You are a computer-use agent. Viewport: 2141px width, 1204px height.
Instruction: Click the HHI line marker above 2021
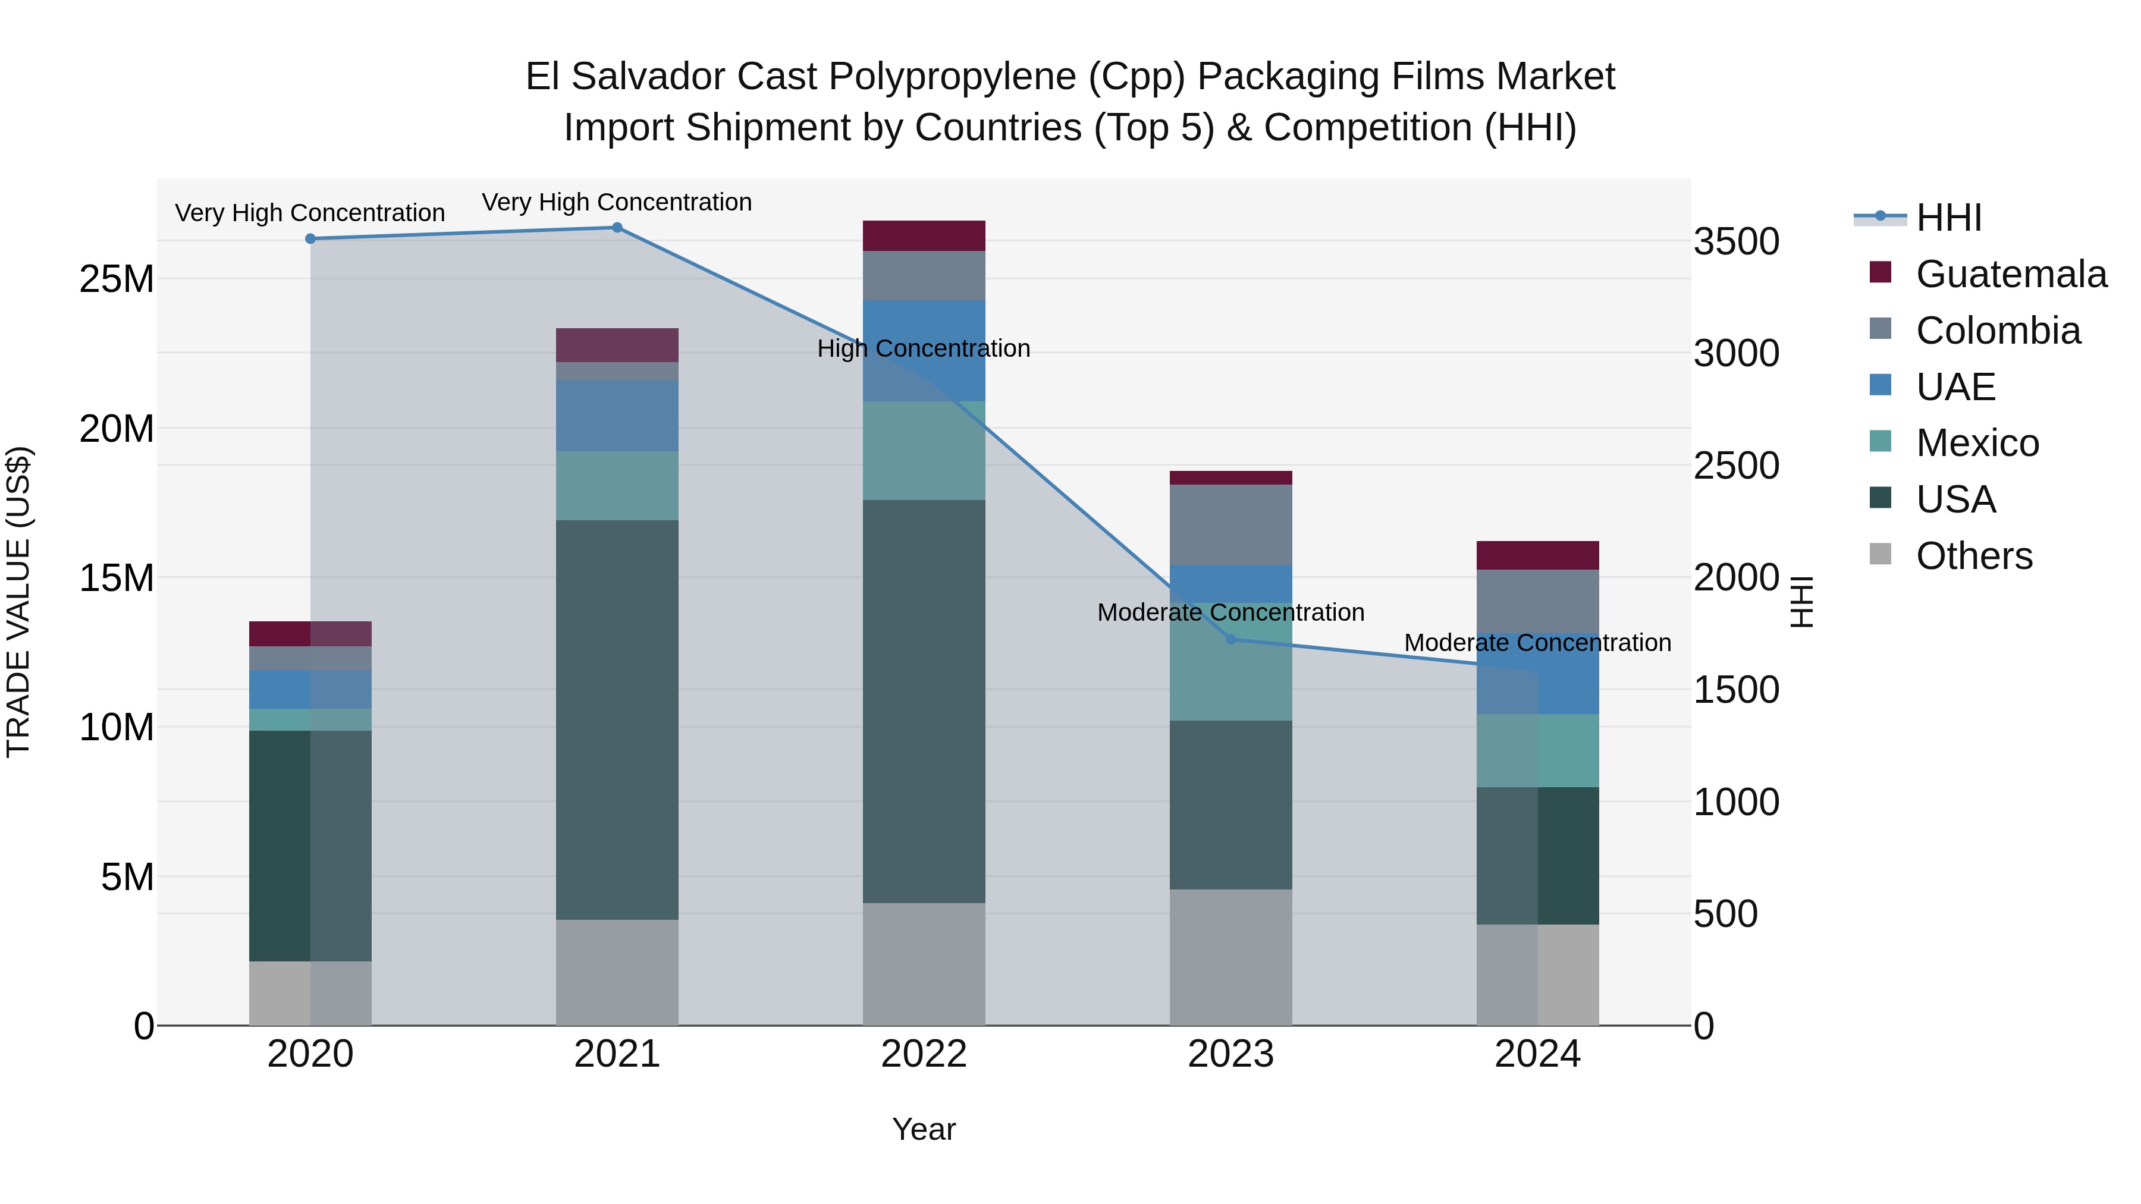coord(617,228)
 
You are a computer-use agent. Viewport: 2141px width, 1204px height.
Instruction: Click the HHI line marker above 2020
coord(310,238)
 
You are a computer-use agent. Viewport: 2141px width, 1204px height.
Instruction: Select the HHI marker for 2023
coord(1231,639)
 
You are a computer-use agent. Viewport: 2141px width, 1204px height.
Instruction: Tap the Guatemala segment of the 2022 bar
coord(924,236)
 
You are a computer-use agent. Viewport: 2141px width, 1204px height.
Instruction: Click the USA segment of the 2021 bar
coord(617,719)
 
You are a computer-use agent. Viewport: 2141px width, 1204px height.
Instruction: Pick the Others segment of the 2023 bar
coord(1231,957)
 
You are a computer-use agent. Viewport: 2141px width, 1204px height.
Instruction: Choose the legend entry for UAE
coord(1955,387)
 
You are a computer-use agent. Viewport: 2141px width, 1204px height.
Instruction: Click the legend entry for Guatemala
coord(2011,274)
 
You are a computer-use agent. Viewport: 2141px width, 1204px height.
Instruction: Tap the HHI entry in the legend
coord(1948,218)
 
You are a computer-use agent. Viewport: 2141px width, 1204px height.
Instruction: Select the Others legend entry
coord(1973,556)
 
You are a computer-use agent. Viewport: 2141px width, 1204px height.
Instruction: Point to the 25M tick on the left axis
coord(117,279)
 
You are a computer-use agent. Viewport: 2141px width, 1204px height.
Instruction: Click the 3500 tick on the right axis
coord(1736,242)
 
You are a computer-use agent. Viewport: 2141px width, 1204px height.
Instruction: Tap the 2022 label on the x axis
coord(924,1054)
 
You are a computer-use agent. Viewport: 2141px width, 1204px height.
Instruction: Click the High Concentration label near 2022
coord(924,348)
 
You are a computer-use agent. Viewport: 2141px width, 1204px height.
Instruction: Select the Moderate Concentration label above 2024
coord(1537,642)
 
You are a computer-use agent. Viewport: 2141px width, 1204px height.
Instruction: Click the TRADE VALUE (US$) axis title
coord(18,602)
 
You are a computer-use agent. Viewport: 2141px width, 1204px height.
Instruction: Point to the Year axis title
coord(924,1129)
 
